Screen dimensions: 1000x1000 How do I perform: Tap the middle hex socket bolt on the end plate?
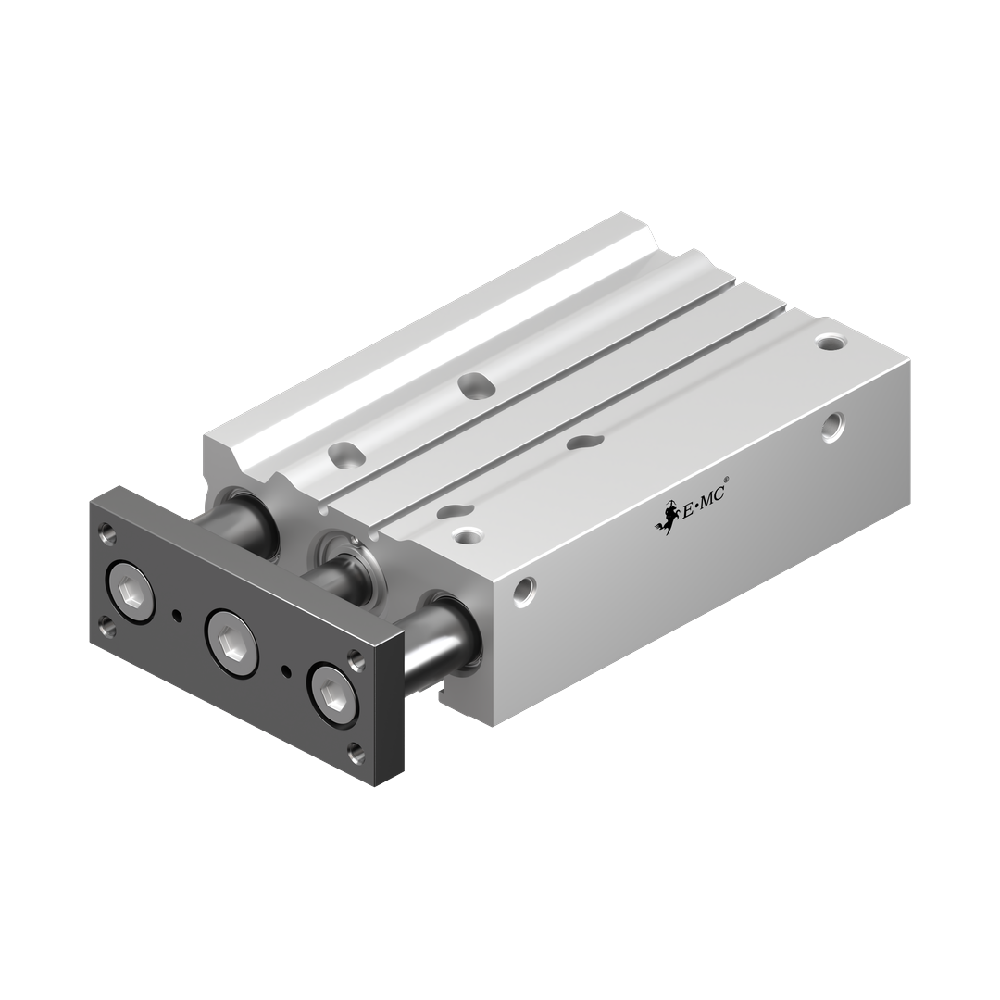point(231,638)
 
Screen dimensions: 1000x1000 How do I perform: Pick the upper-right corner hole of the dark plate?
point(355,657)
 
